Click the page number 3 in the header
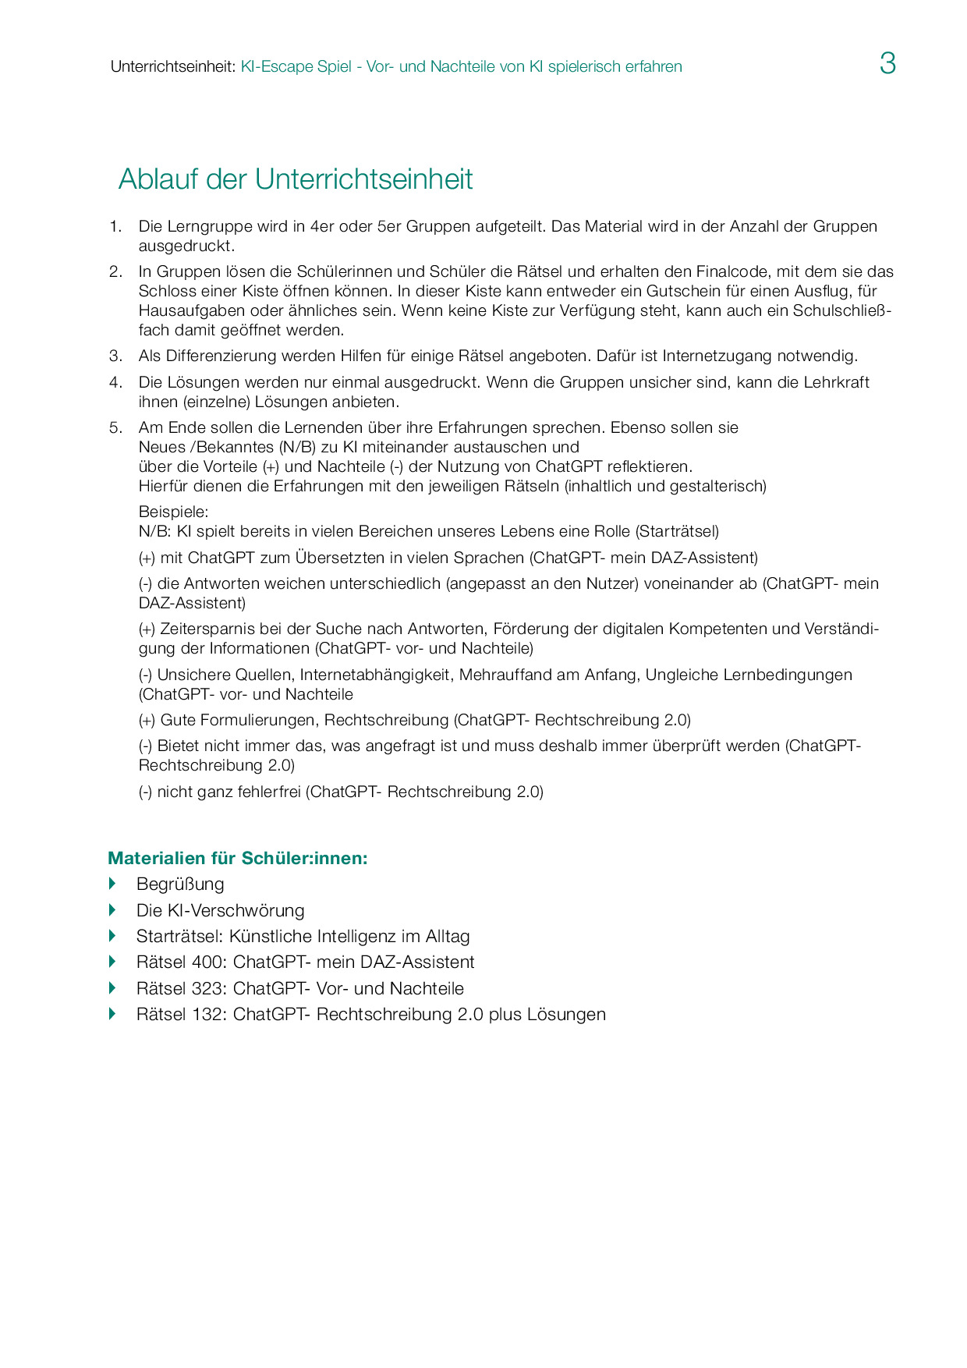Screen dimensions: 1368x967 pos(887,63)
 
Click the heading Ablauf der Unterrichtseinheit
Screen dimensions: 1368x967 pos(296,179)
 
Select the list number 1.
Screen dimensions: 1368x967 pos(115,226)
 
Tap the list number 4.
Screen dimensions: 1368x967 pos(115,382)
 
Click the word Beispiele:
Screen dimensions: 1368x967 pos(173,512)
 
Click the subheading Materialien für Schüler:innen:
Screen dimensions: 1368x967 pos(238,858)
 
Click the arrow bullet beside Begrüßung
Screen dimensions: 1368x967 pos(112,884)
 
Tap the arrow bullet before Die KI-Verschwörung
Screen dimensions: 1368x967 pos(112,910)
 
